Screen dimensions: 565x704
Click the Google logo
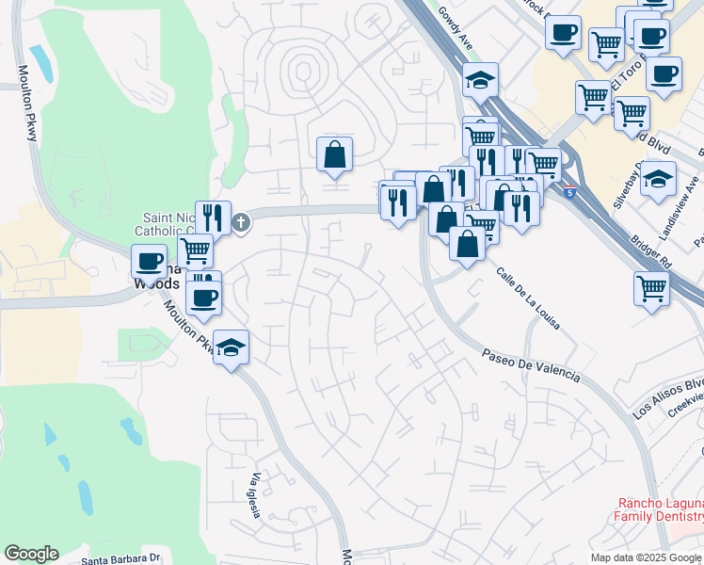[x=31, y=554]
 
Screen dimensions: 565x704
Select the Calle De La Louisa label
[x=528, y=299]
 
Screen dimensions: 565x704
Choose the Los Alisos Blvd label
[x=668, y=398]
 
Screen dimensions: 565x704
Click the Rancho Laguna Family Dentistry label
[x=659, y=509]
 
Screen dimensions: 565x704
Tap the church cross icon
[x=241, y=223]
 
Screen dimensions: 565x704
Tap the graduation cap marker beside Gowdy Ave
[x=480, y=82]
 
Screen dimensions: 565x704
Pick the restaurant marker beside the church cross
[x=214, y=218]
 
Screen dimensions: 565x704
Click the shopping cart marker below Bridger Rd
[x=651, y=289]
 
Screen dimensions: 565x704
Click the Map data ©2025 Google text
[x=646, y=557]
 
